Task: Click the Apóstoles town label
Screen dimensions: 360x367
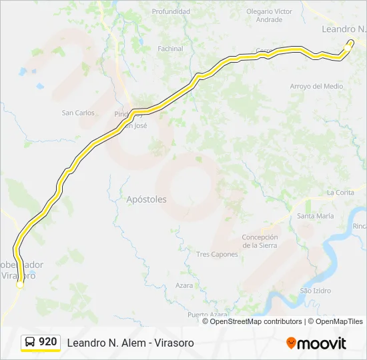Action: [x=146, y=199]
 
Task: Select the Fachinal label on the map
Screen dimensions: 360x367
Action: [x=170, y=49]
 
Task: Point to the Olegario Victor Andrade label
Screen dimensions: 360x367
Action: [x=269, y=16]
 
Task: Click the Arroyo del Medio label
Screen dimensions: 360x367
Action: [x=316, y=87]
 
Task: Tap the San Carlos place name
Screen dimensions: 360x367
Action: [x=78, y=113]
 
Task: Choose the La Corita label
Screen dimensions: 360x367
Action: [x=340, y=193]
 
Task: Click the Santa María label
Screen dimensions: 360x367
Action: [x=315, y=216]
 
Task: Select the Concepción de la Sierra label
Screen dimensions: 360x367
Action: [x=260, y=241]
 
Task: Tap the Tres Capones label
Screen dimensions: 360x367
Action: [x=217, y=255]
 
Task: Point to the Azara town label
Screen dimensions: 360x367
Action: [x=184, y=285]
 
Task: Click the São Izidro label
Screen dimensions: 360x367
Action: [x=316, y=291]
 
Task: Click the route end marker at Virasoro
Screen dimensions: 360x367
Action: [x=20, y=284]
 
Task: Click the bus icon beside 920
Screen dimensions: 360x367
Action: [x=30, y=342]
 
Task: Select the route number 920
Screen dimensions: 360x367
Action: [x=47, y=342]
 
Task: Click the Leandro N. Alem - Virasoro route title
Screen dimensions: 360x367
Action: [x=130, y=343]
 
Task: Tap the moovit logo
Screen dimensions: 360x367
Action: [x=316, y=343]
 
